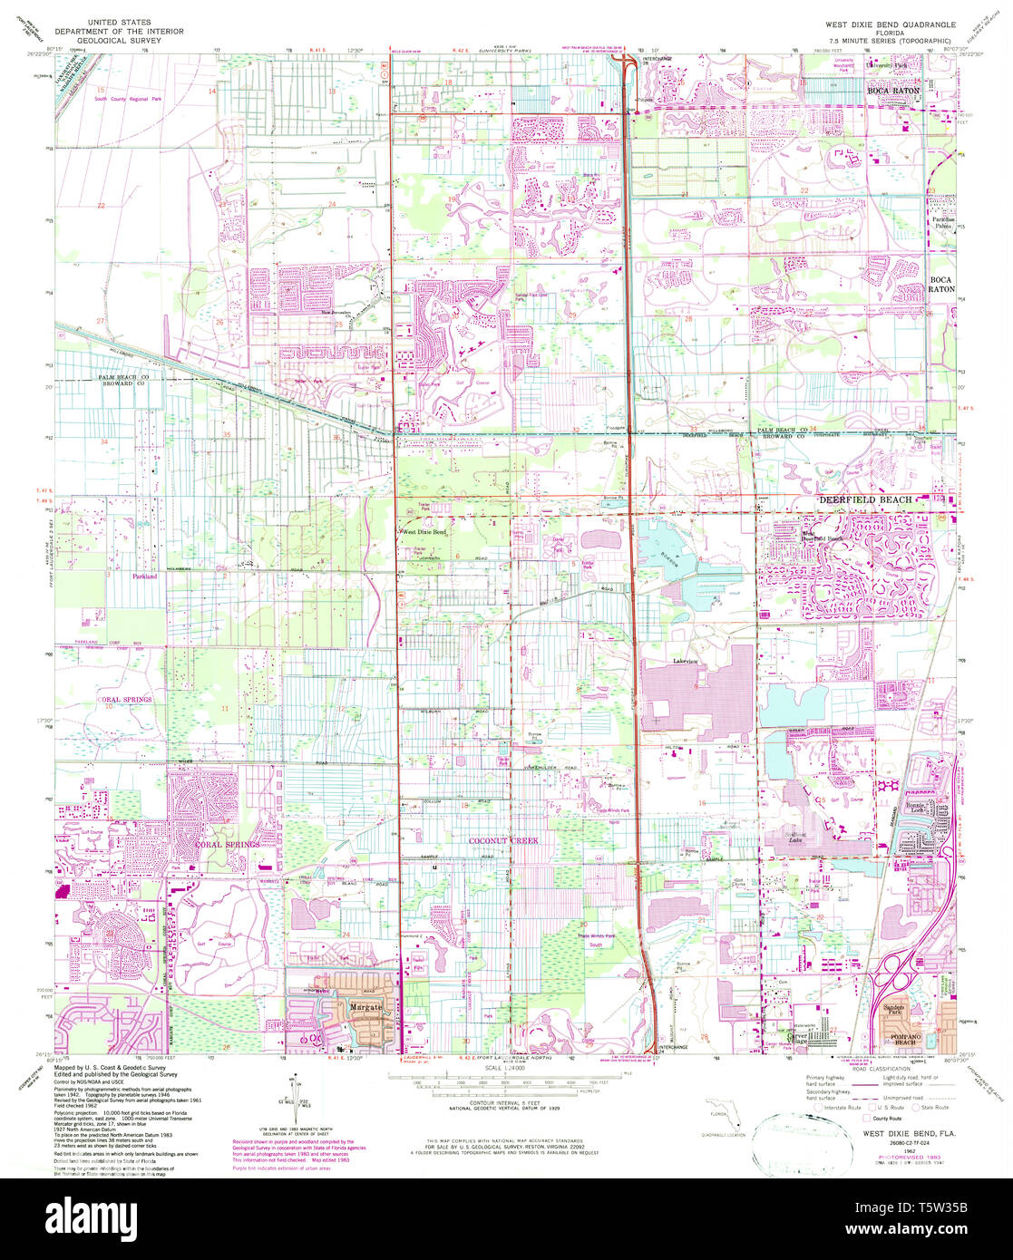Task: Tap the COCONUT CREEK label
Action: [x=503, y=841]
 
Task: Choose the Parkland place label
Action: [x=143, y=576]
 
